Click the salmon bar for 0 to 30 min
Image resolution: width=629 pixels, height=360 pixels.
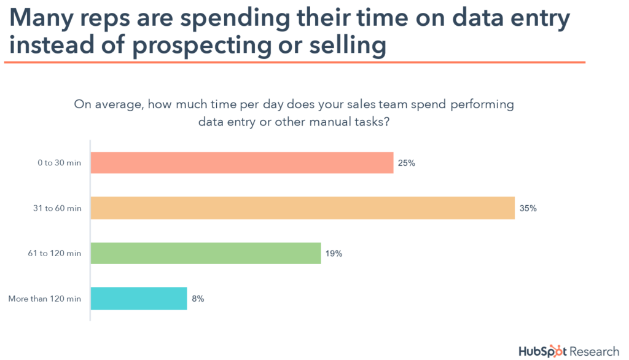(x=241, y=163)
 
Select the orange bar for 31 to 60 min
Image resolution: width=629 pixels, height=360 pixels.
(x=302, y=208)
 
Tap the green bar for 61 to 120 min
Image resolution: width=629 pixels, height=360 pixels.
(x=205, y=253)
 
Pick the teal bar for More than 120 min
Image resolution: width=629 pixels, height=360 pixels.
(x=138, y=299)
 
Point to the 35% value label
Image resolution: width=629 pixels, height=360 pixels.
(x=528, y=208)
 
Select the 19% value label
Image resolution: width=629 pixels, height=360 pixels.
(x=334, y=253)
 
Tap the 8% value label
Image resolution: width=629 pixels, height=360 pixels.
(x=197, y=299)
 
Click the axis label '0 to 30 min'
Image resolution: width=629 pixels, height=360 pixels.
(x=60, y=163)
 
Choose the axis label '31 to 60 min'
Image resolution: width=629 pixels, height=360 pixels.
(x=58, y=209)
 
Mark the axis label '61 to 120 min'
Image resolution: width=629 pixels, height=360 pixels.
(x=57, y=254)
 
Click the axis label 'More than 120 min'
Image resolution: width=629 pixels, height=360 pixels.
(x=44, y=299)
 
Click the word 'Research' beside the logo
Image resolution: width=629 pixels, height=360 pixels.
(x=595, y=351)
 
